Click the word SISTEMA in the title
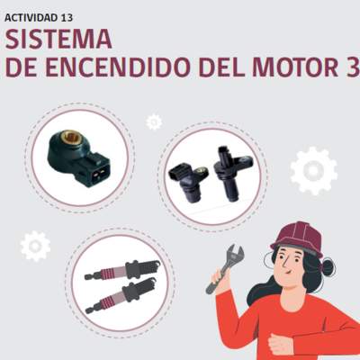[58, 39]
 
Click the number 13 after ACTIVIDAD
[67, 18]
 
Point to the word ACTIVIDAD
[31, 18]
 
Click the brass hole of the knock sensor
[69, 138]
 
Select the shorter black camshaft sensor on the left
[188, 182]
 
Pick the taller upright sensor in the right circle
[230, 174]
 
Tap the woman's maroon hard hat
[298, 238]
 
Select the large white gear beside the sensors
[314, 171]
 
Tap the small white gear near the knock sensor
[154, 122]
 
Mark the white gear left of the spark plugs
[35, 246]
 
